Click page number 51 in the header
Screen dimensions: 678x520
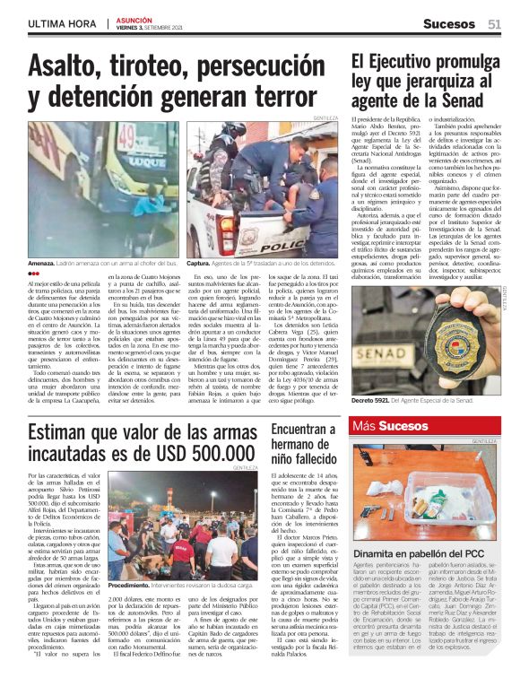(494, 23)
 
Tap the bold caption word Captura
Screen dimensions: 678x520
(199, 264)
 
